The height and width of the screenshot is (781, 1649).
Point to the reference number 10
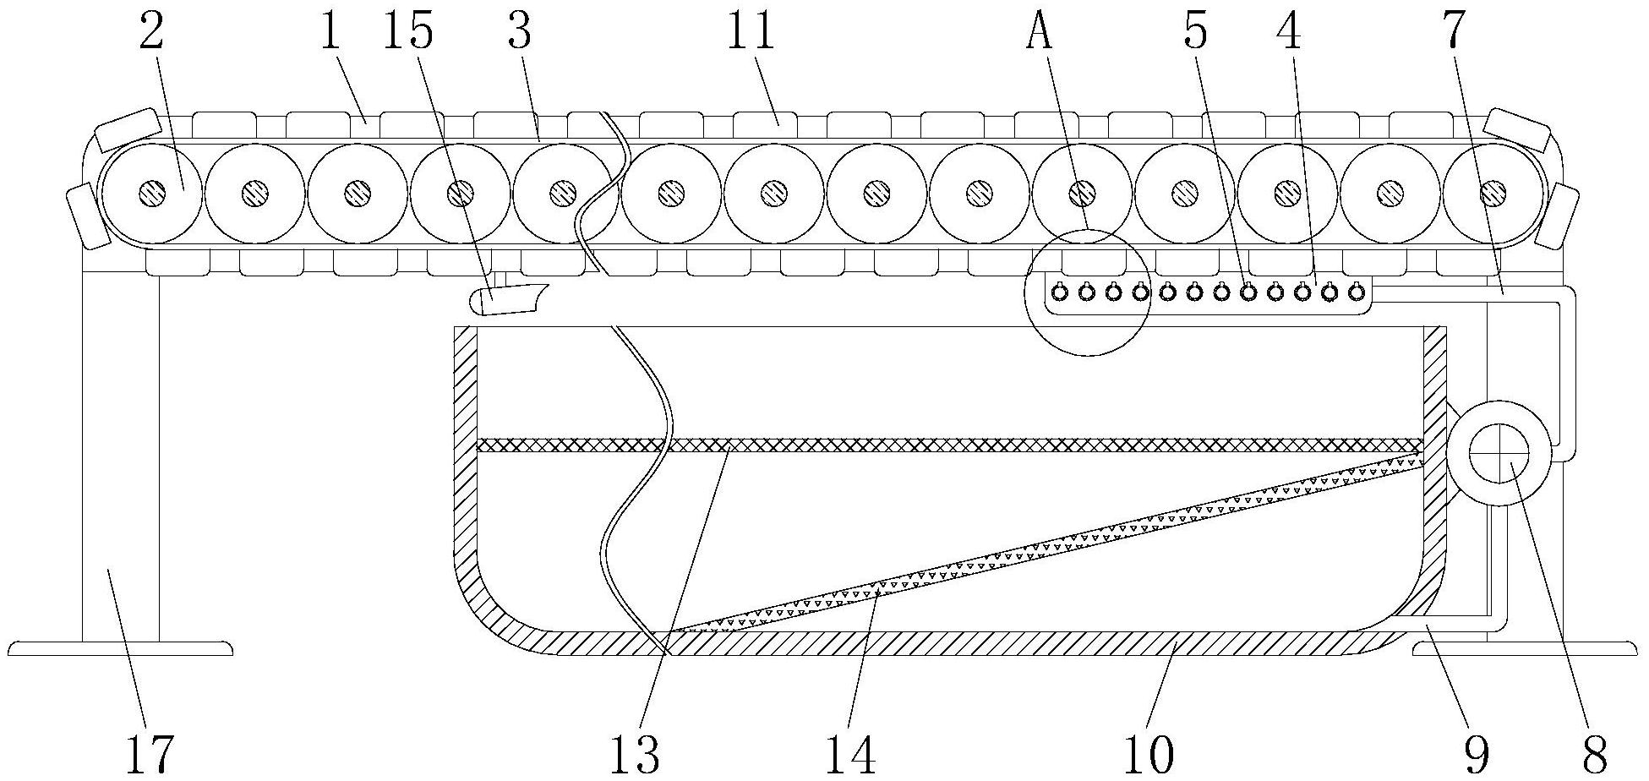[x=1150, y=754]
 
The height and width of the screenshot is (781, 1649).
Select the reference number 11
[x=751, y=32]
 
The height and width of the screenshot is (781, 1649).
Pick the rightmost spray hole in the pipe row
[x=1356, y=292]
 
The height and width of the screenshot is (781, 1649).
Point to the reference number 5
[x=1196, y=32]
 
